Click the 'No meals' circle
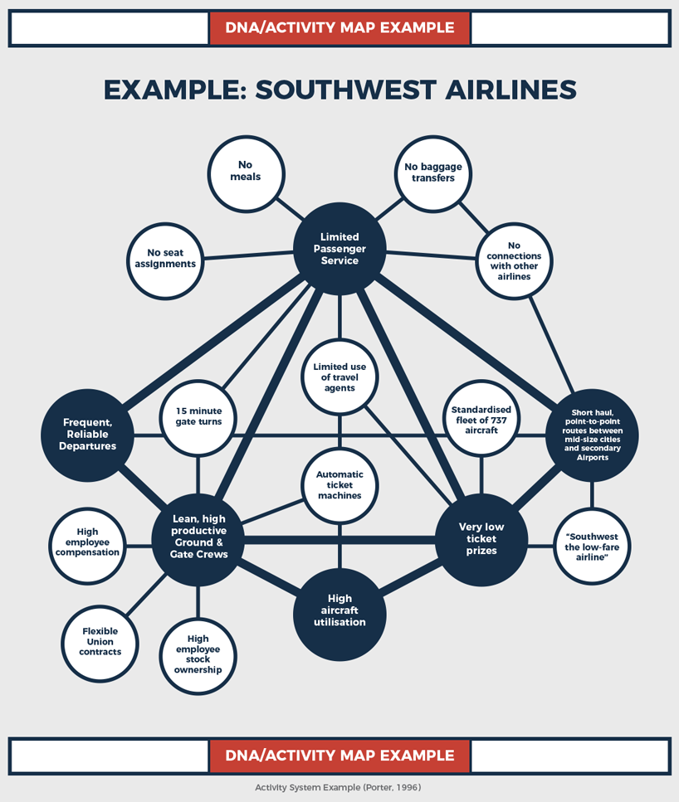click(245, 171)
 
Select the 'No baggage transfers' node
click(432, 172)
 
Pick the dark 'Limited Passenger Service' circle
click(339, 249)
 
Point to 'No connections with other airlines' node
click(514, 260)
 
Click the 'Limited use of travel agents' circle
click(339, 377)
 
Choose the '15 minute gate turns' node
click(198, 416)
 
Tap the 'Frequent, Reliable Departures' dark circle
click(87, 435)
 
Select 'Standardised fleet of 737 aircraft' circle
click(481, 420)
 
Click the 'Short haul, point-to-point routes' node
click(592, 435)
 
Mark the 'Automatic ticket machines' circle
click(339, 485)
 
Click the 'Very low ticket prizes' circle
click(481, 538)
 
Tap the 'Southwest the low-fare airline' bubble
click(592, 547)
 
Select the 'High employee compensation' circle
click(87, 542)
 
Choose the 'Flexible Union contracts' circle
click(100, 641)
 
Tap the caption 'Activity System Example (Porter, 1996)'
click(339, 787)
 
